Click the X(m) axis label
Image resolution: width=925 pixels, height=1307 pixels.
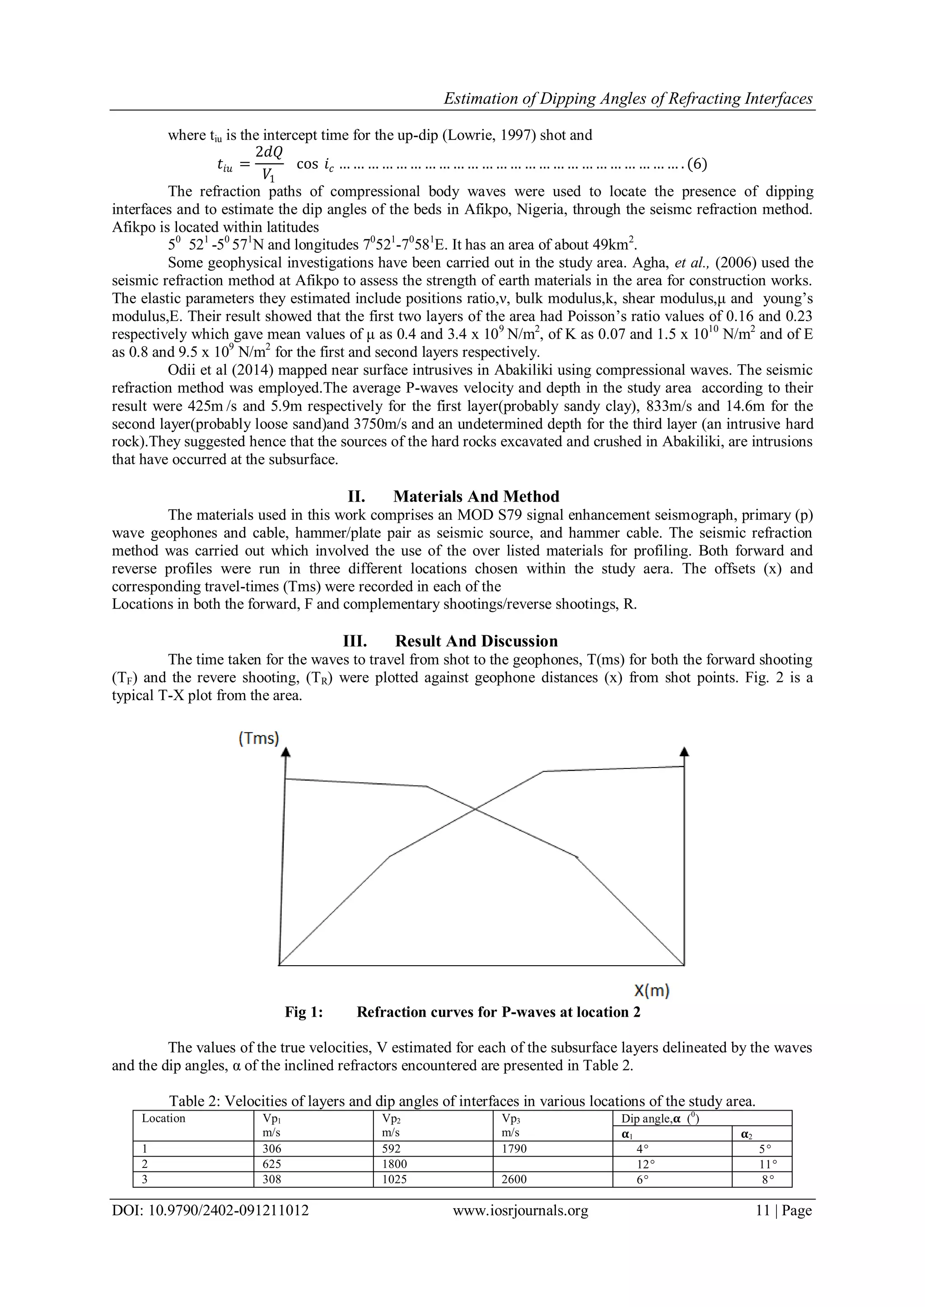[652, 991]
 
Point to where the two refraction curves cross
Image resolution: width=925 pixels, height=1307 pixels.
[475, 808]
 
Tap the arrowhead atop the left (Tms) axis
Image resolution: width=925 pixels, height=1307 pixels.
[286, 752]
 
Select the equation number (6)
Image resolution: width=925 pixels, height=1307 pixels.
[697, 164]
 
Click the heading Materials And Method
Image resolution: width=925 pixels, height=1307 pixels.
[476, 496]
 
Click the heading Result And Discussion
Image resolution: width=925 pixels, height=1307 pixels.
[476, 641]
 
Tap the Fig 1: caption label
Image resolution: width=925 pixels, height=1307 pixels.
[304, 1012]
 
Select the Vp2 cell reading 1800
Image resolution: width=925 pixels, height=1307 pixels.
[395, 1164]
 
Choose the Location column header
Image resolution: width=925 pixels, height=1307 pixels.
[164, 1118]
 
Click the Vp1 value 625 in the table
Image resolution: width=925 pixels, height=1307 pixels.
[272, 1164]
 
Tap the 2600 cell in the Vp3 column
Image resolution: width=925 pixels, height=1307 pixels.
[514, 1179]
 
